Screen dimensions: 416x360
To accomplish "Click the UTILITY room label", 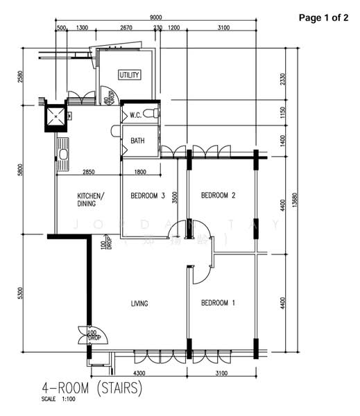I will click(x=129, y=75).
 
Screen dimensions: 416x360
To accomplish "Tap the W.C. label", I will click(x=136, y=115).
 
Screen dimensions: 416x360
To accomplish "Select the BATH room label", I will click(x=137, y=141).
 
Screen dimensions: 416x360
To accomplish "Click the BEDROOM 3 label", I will click(x=147, y=196).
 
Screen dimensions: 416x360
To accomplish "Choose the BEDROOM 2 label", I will click(x=218, y=196).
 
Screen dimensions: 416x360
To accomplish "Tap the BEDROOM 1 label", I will click(x=218, y=303).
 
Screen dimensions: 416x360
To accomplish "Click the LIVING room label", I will click(x=141, y=303).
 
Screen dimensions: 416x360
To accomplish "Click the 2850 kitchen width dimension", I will click(x=89, y=172).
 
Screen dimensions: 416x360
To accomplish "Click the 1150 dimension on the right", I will click(x=282, y=113).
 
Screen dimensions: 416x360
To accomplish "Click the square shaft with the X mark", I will click(x=55, y=117).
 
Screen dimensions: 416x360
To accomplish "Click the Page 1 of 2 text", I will click(x=323, y=17).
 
